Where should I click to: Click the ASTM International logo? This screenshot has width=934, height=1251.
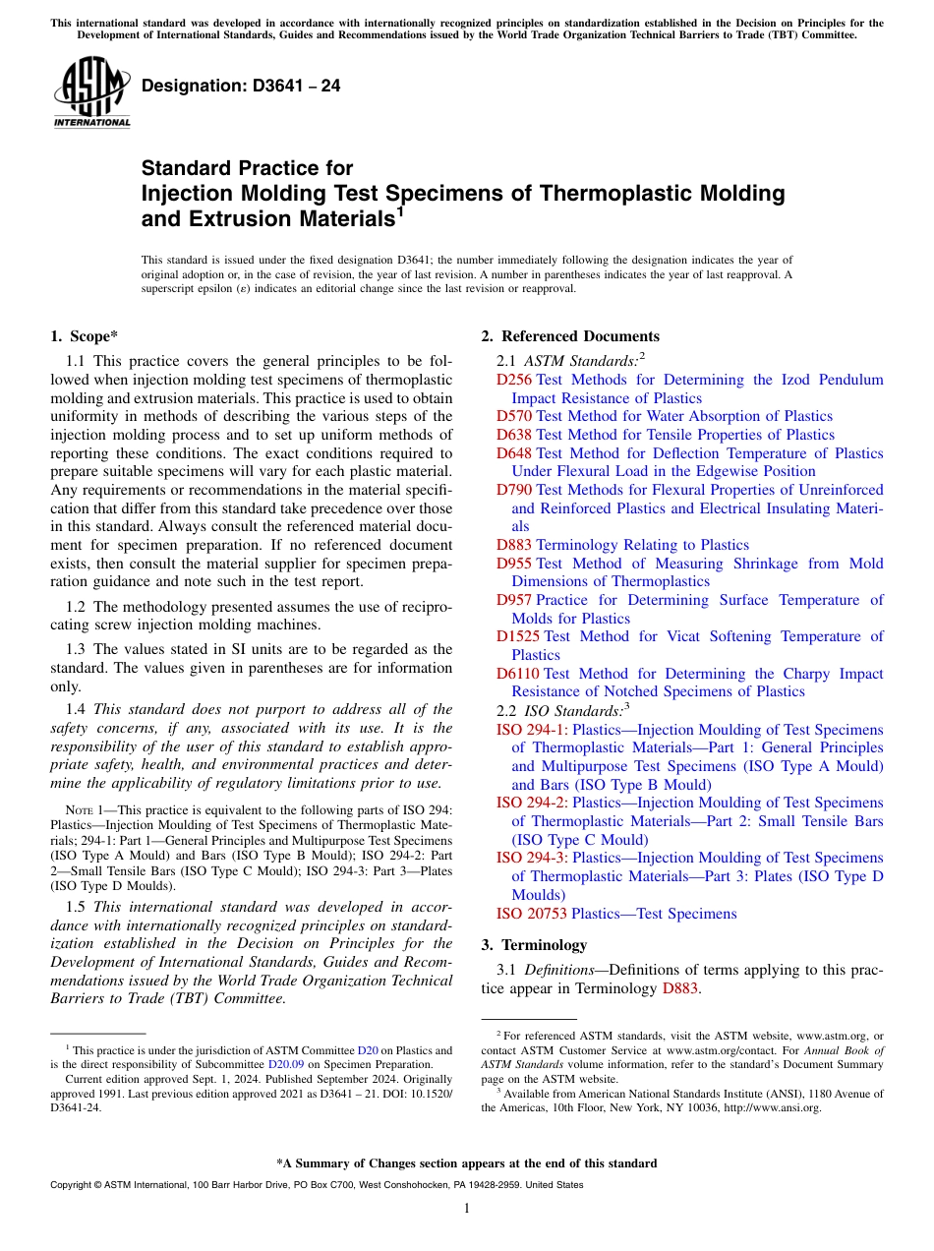click(90, 92)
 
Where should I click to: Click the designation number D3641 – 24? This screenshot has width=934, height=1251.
click(241, 86)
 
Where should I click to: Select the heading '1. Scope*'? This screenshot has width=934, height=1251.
click(84, 336)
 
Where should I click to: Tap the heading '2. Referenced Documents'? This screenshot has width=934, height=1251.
click(570, 336)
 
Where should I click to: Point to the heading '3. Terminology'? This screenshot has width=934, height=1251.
click(534, 945)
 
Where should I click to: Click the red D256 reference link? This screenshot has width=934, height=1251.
click(514, 380)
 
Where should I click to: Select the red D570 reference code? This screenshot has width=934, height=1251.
click(514, 416)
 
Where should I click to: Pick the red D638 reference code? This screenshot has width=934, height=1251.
click(514, 435)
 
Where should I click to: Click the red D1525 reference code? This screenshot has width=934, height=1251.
click(518, 636)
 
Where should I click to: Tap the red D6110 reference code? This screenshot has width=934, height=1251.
click(518, 674)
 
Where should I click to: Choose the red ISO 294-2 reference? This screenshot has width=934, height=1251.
click(532, 803)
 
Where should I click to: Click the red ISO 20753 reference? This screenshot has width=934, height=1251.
click(532, 914)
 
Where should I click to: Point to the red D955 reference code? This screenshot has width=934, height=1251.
click(514, 564)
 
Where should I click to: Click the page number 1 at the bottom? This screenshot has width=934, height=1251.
click(467, 1209)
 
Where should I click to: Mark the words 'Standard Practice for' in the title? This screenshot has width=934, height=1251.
click(247, 168)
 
